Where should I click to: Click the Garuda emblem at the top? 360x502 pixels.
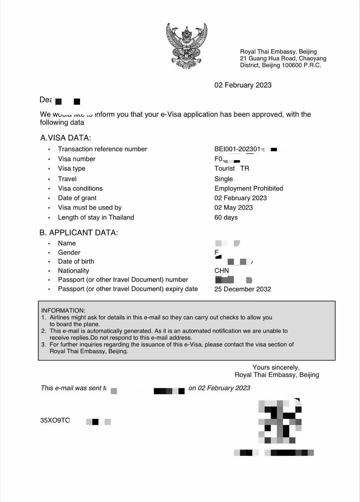tap(187, 46)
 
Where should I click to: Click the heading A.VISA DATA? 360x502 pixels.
tap(65, 138)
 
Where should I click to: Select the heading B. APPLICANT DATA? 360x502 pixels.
tap(79, 233)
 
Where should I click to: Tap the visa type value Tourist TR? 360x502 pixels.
tap(232, 169)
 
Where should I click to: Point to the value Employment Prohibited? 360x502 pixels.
tap(249, 189)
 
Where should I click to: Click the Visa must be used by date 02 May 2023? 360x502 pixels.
tap(234, 208)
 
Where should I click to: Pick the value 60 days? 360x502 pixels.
tap(226, 218)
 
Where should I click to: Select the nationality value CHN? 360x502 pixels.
tap(222, 271)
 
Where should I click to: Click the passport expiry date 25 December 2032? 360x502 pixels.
tap(243, 289)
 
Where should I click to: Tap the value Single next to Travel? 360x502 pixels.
tap(224, 179)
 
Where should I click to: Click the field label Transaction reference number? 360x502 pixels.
tap(102, 149)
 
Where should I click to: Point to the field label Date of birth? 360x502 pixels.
tap(76, 262)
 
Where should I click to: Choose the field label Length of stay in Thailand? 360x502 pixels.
tap(96, 218)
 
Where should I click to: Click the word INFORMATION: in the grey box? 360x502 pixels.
tap(63, 311)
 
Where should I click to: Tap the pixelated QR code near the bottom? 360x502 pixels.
tap(280, 421)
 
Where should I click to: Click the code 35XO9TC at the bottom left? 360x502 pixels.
tap(55, 421)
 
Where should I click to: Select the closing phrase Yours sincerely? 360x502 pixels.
tap(276, 367)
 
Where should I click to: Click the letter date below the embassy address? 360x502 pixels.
tap(243, 85)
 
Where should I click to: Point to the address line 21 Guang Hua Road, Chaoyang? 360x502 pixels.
tap(283, 58)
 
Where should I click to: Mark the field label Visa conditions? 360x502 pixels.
tap(80, 189)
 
